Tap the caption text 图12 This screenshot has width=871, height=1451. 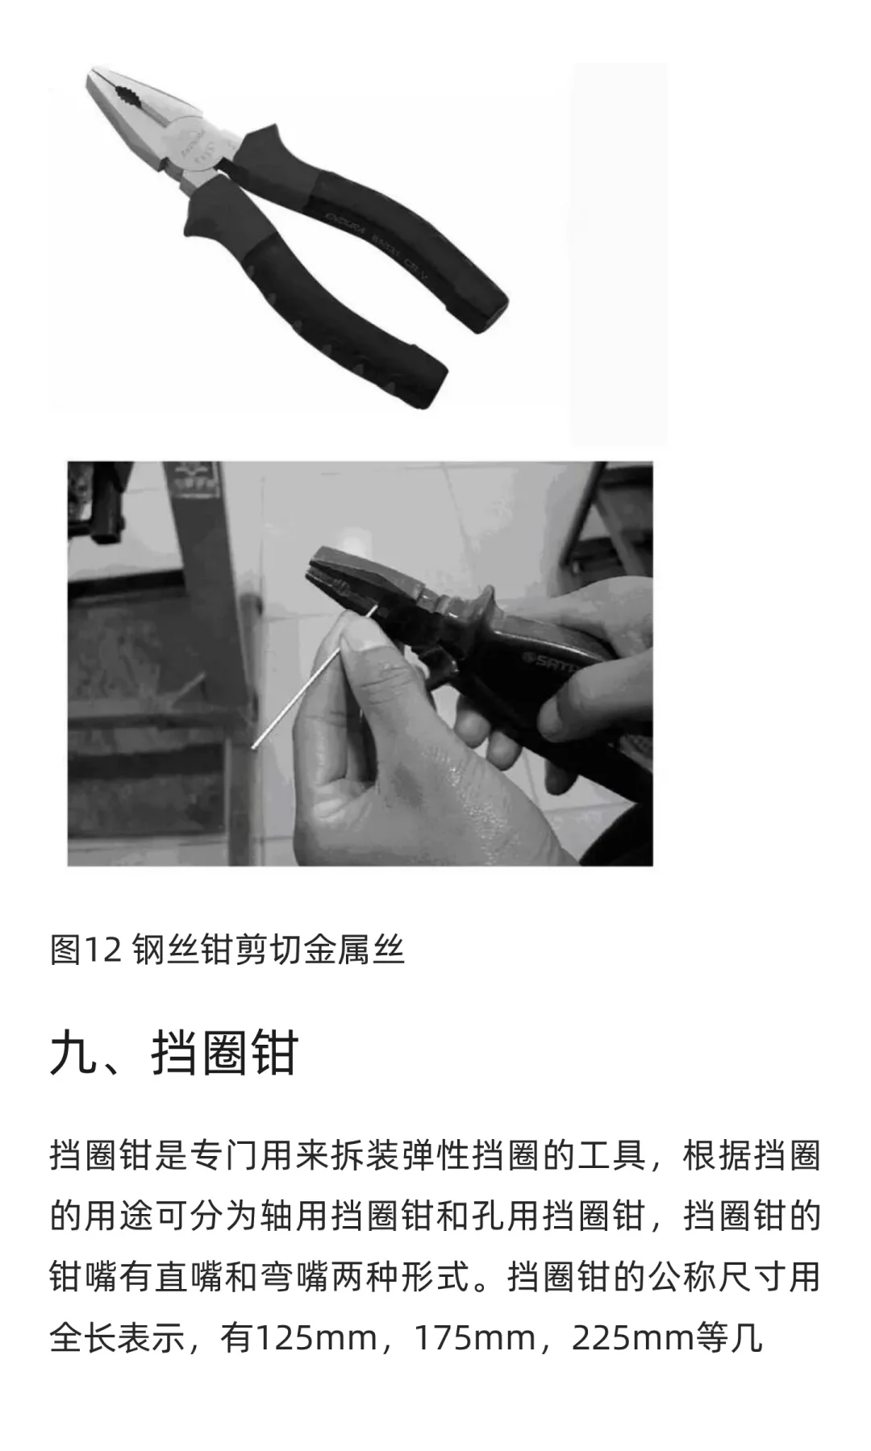(85, 950)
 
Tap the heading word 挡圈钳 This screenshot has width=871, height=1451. (225, 1054)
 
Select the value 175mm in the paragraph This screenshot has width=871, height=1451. (476, 1338)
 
